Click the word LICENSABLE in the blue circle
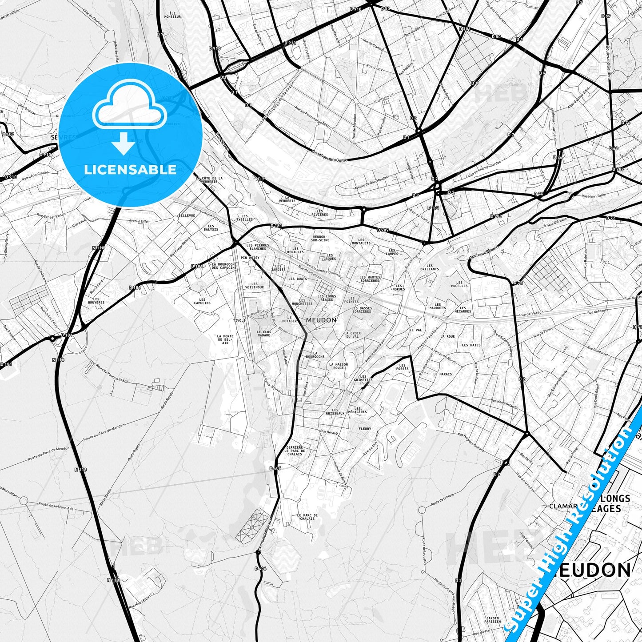pos(130,170)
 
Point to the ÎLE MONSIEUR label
pos(172,15)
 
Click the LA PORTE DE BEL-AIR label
pos(225,339)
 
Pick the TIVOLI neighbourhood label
pos(239,320)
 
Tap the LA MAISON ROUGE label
pos(339,366)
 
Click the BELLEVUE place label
pos(187,215)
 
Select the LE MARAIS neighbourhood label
pos(443,374)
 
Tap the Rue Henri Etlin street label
pos(138,600)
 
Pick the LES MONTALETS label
pos(361,242)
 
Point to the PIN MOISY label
pos(250,258)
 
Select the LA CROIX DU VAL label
pos(352,335)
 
